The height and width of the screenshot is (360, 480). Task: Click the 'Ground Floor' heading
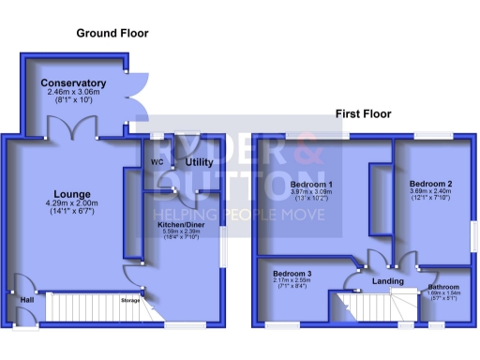pos(112,34)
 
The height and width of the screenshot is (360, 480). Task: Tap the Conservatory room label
pos(73,83)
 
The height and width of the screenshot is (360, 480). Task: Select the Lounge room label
pos(72,195)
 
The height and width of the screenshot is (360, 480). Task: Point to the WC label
pos(157,162)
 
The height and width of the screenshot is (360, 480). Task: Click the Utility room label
pos(199,162)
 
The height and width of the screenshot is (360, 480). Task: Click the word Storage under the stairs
pos(129,300)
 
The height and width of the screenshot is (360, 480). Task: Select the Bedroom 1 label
pos(312,184)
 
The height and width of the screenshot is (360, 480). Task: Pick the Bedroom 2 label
pos(430,184)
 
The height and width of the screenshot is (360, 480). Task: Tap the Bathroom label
pos(443,287)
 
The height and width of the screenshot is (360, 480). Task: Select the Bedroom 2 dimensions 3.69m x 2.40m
pos(430,191)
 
